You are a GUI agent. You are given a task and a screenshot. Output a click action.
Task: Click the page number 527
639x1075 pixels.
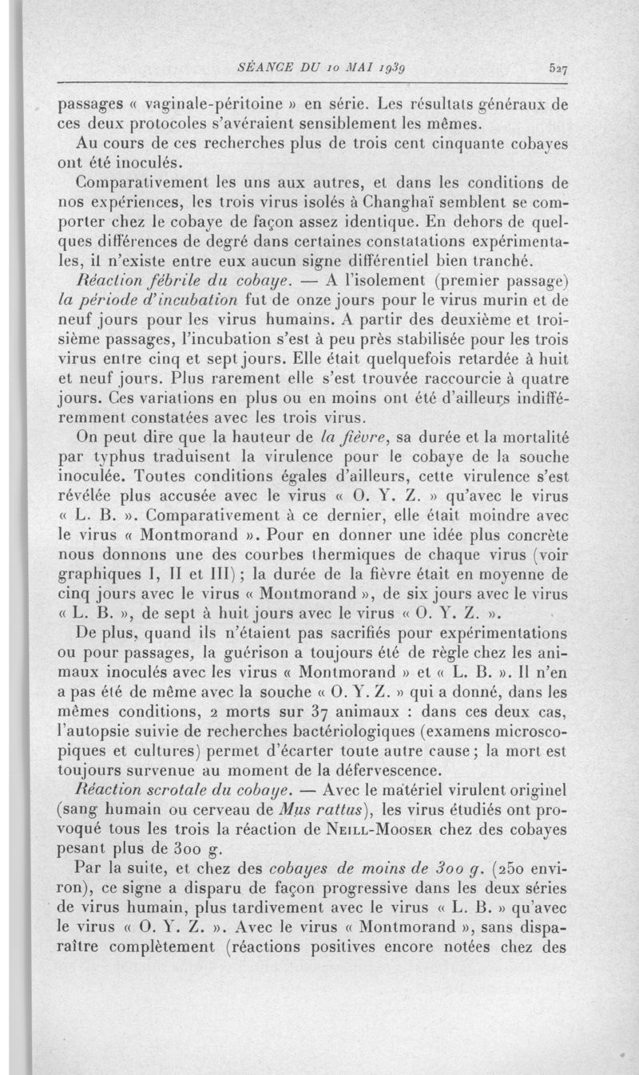pos(557,69)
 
